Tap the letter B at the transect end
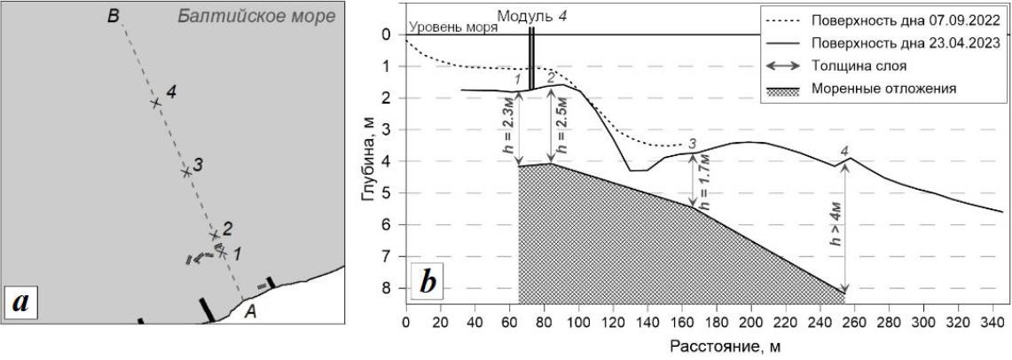click(114, 15)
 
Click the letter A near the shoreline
click(252, 310)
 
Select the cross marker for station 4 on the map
click(156, 103)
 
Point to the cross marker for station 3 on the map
click(186, 171)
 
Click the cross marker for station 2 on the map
click(214, 235)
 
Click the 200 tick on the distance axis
click(750, 321)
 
